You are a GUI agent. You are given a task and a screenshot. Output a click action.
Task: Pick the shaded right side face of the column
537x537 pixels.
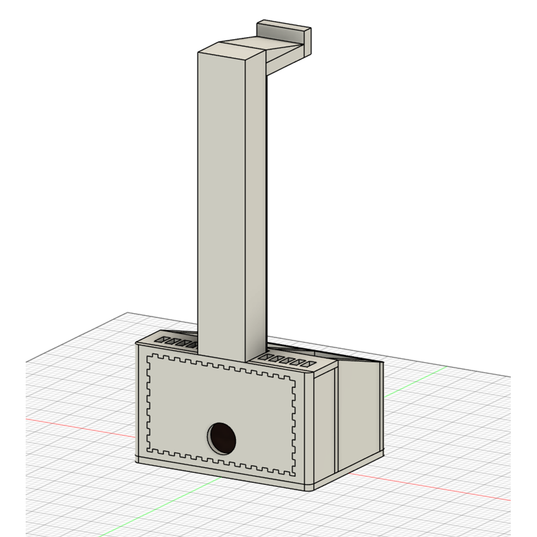click(256, 210)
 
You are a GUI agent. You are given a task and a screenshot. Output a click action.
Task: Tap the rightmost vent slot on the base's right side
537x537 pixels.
click(311, 363)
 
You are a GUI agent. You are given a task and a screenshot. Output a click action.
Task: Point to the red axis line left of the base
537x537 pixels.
click(79, 426)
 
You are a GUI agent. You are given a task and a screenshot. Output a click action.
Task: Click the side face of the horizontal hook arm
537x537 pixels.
click(286, 60)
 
